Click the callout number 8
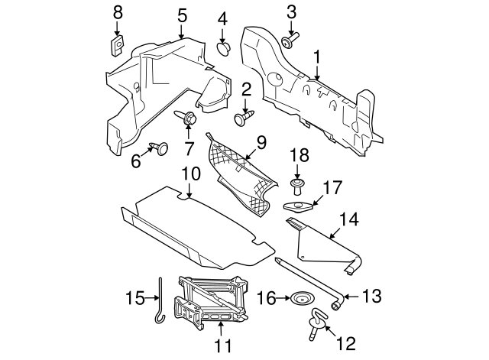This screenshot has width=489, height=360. pyautogui.click(x=118, y=13)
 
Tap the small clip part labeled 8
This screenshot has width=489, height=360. pyautogui.click(x=117, y=46)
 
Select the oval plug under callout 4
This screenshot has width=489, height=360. pyautogui.click(x=223, y=49)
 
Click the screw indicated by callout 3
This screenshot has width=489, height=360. pyautogui.click(x=290, y=41)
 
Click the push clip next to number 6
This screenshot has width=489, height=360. pyautogui.click(x=160, y=148)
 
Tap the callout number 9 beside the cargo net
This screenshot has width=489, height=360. pyautogui.click(x=261, y=143)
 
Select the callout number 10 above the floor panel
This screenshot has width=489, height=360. pyautogui.click(x=191, y=174)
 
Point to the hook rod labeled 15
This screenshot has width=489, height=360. pyautogui.click(x=160, y=300)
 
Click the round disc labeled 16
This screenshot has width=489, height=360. pyautogui.click(x=301, y=299)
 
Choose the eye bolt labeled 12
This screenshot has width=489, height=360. pyautogui.click(x=317, y=324)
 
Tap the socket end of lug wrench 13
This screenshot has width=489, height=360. pyautogui.click(x=338, y=303)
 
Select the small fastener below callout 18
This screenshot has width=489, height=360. pyautogui.click(x=296, y=186)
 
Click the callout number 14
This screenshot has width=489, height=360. pyautogui.click(x=349, y=219)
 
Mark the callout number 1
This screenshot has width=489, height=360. pyautogui.click(x=317, y=58)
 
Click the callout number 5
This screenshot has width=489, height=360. pyautogui.click(x=182, y=15)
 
